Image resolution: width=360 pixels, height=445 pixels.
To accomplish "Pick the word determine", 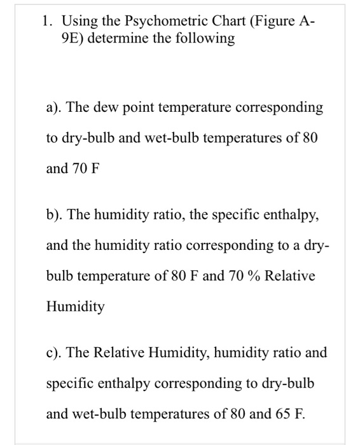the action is coord(125,39).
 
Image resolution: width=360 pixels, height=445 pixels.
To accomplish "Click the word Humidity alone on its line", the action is coord(76,308).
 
